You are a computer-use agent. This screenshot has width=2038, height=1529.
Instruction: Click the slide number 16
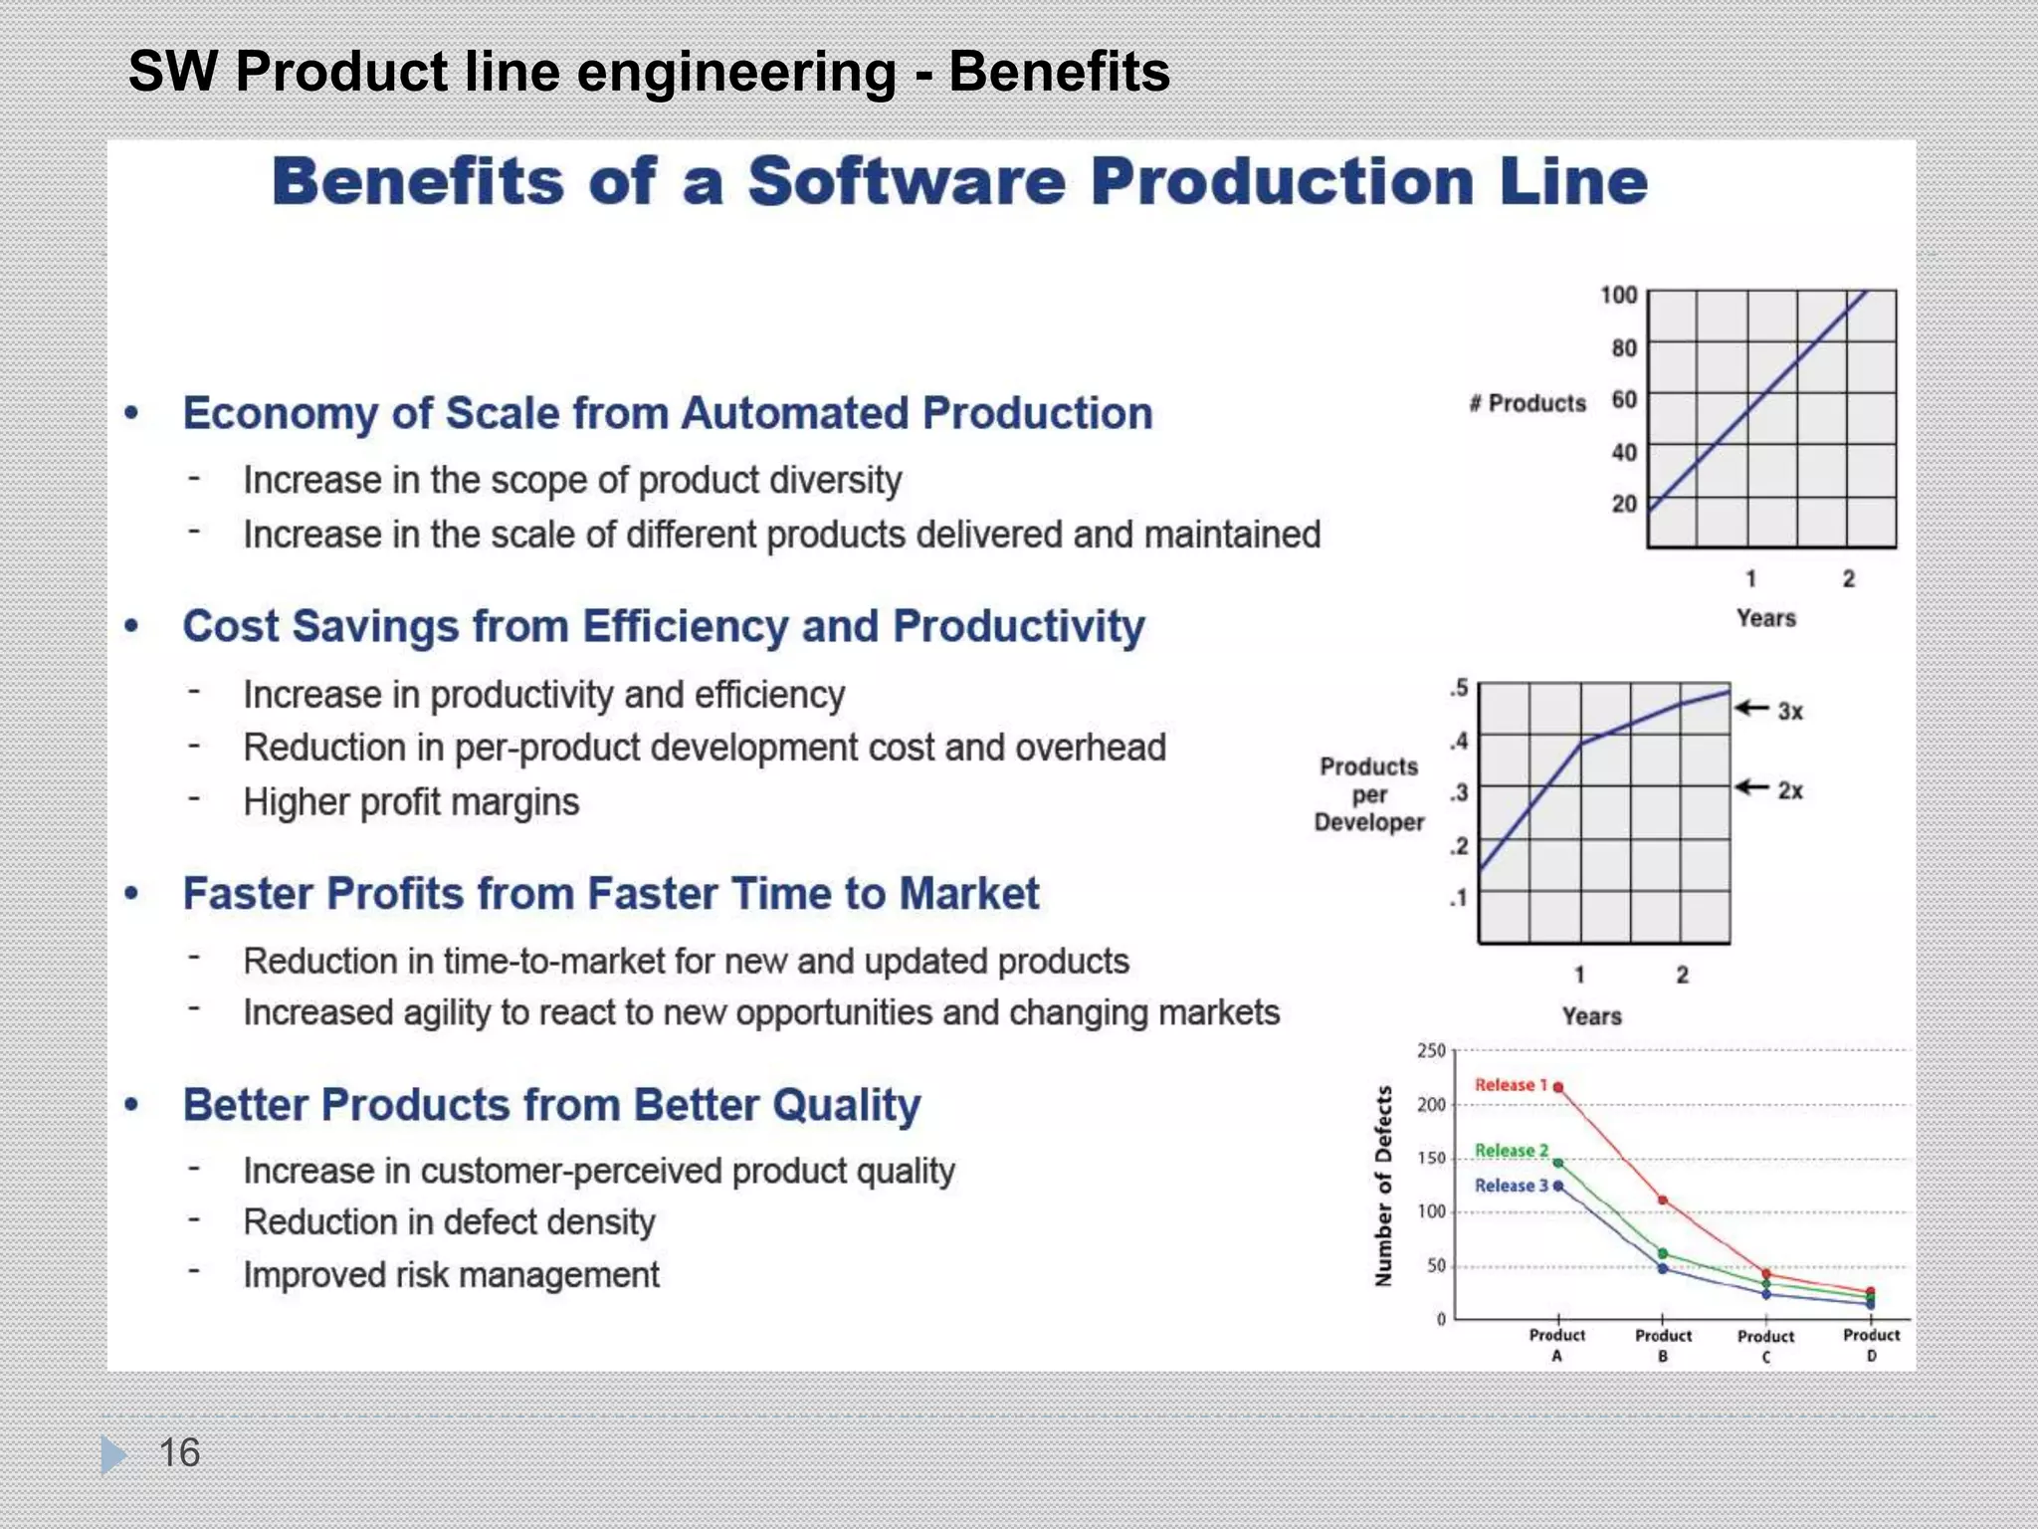click(179, 1452)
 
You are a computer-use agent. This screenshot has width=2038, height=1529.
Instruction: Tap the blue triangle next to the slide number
click(112, 1454)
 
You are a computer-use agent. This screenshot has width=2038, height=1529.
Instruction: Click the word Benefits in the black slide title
click(1059, 72)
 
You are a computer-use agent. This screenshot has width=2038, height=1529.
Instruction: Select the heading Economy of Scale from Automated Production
click(667, 413)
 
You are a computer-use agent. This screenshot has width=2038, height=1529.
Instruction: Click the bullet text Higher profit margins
click(411, 802)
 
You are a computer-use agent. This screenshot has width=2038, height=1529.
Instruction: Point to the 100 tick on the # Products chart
click(1618, 295)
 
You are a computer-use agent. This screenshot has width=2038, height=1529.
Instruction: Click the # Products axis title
click(1528, 403)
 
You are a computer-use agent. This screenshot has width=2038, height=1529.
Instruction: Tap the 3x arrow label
click(1789, 711)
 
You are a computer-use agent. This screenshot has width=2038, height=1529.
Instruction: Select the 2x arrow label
click(1789, 790)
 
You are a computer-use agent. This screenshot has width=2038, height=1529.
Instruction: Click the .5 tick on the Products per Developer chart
click(1458, 688)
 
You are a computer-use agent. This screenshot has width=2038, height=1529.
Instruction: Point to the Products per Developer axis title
click(1369, 794)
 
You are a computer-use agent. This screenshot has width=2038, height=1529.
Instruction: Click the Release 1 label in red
click(1511, 1085)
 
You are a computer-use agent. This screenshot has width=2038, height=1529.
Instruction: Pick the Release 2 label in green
click(1511, 1151)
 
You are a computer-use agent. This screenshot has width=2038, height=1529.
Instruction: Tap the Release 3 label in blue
click(1511, 1186)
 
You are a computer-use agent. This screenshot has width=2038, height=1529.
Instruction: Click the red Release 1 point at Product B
click(1663, 1201)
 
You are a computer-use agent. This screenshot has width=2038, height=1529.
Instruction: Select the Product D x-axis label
click(1871, 1344)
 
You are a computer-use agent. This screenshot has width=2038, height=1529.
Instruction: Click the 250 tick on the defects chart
click(1431, 1050)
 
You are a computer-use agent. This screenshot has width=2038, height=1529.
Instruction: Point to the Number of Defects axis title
click(1383, 1186)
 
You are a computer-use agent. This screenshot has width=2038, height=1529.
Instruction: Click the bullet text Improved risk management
click(451, 1275)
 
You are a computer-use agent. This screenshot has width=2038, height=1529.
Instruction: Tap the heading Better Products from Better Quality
click(551, 1105)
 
